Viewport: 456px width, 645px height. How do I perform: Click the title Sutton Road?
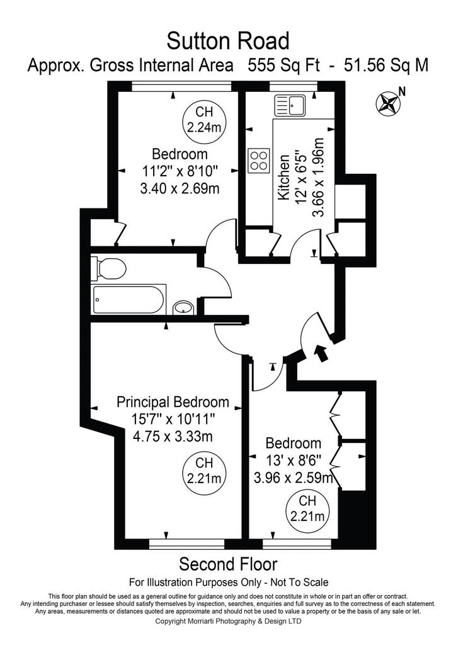pos(228,41)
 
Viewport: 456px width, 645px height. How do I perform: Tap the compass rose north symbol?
pos(388,103)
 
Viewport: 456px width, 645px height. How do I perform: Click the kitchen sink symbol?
pos(290,106)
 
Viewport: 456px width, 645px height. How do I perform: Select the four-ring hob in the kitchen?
pos(259,161)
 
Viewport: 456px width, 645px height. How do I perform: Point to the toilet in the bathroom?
pos(108,268)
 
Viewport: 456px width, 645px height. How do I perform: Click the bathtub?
pos(128,299)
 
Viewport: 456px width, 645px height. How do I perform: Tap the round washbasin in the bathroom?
pos(183,307)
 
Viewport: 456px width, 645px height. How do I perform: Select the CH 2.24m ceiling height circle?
pos(204,120)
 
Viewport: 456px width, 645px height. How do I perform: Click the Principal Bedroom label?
pos(173,401)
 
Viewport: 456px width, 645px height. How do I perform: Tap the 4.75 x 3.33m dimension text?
pos(173,436)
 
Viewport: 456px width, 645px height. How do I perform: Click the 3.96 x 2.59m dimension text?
pos(293,477)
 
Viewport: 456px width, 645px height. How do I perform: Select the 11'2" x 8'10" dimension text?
pos(180,171)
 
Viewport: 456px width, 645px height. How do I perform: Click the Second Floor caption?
pos(228,564)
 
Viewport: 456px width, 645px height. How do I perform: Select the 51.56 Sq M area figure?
pos(386,65)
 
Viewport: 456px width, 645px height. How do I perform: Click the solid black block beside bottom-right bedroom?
pos(354,518)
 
